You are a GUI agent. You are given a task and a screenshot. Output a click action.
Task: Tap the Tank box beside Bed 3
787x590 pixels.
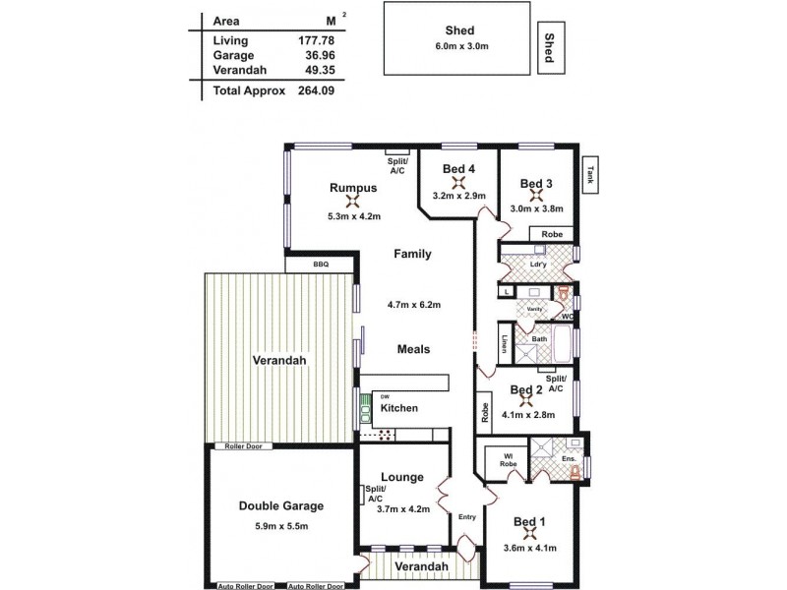click(x=591, y=175)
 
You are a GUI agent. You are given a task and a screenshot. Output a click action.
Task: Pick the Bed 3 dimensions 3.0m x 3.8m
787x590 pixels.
click(x=536, y=208)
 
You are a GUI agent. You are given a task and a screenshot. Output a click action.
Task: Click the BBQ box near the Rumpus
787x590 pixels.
click(x=320, y=264)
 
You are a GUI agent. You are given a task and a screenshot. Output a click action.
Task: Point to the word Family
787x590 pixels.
click(x=412, y=254)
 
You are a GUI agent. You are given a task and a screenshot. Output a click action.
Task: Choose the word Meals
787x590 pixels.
click(x=413, y=348)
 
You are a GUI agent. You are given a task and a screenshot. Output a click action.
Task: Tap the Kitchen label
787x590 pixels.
click(x=399, y=408)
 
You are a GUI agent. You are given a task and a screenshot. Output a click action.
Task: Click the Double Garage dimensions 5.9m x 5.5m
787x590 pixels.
click(x=280, y=526)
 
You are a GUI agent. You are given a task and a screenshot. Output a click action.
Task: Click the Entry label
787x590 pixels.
click(x=467, y=517)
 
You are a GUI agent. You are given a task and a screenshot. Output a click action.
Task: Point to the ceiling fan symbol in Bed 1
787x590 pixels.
click(x=530, y=534)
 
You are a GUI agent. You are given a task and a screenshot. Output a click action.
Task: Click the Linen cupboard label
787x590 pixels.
click(x=505, y=345)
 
